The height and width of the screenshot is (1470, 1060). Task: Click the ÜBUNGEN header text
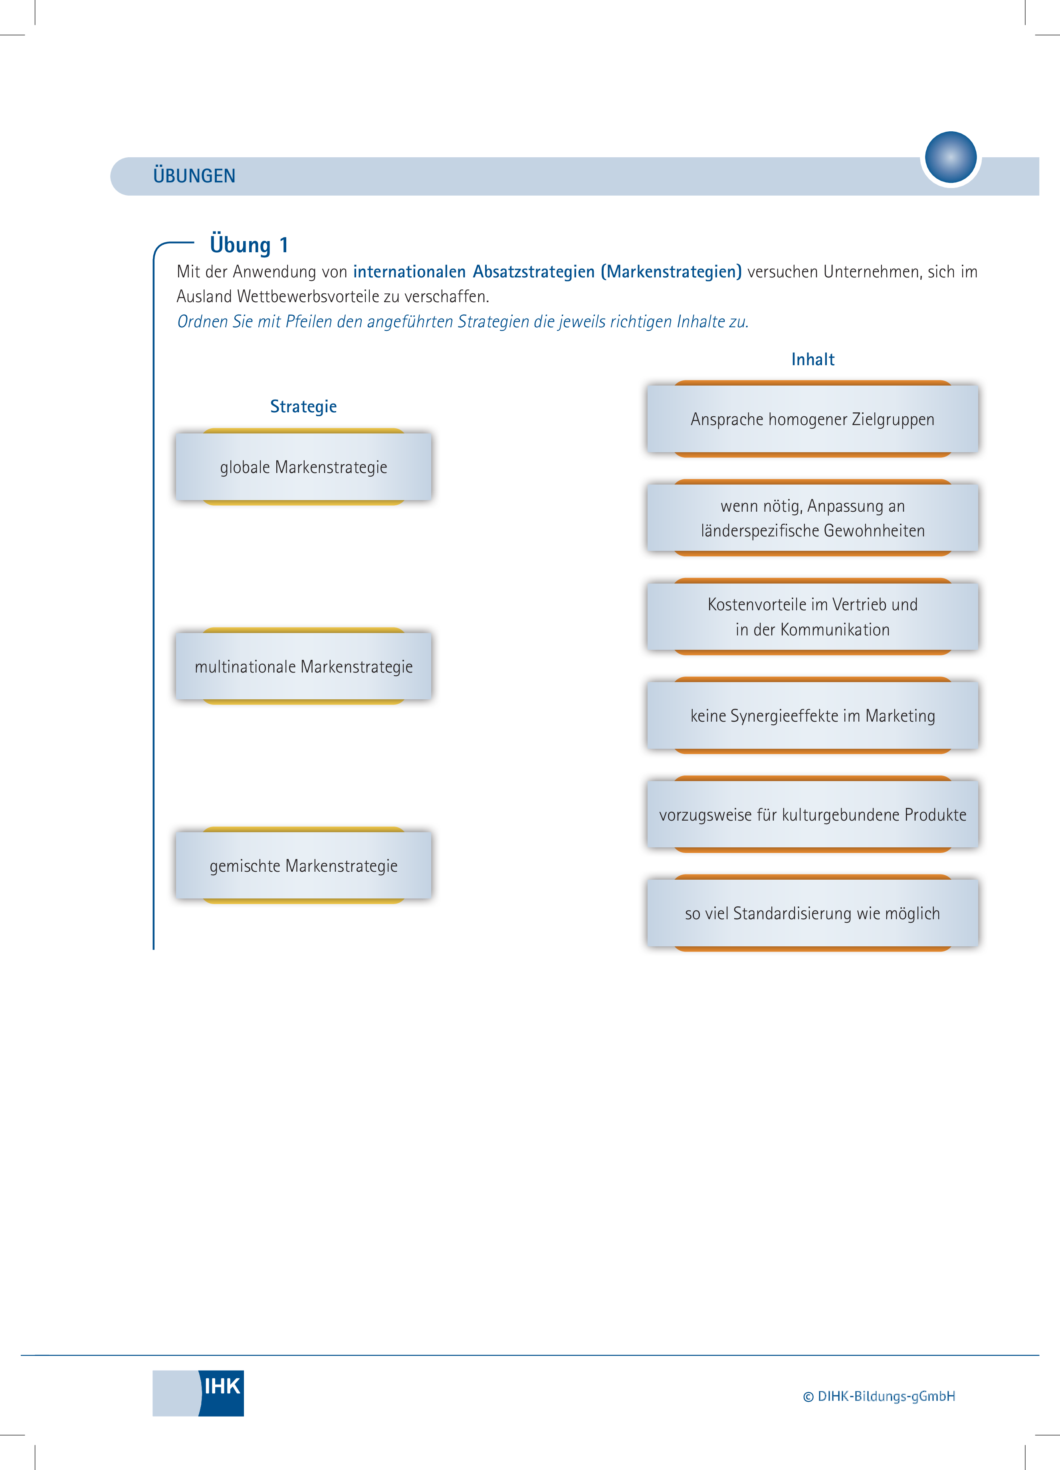pyautogui.click(x=194, y=176)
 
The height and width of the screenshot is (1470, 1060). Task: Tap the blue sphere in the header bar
pyautogui.click(x=951, y=158)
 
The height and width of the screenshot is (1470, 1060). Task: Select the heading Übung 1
pyautogui.click(x=249, y=245)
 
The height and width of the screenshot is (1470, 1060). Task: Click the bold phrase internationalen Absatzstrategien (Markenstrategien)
pyautogui.click(x=547, y=271)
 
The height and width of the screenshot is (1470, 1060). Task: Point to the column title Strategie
pyautogui.click(x=303, y=406)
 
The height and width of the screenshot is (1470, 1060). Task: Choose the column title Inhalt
pyautogui.click(x=812, y=359)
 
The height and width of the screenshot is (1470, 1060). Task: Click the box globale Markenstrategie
pyautogui.click(x=303, y=467)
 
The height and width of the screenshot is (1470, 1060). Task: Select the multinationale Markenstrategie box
pyautogui.click(x=303, y=666)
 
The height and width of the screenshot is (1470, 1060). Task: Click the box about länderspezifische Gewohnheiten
pyautogui.click(x=812, y=518)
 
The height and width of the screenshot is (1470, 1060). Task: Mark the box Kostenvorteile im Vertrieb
pyautogui.click(x=812, y=616)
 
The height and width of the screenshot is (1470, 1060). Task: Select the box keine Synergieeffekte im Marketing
pyautogui.click(x=812, y=716)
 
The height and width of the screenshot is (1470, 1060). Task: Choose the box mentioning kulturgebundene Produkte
pyautogui.click(x=812, y=814)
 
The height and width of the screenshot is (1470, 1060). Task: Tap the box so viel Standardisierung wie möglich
pyautogui.click(x=812, y=913)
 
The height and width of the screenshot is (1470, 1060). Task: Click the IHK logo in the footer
pyautogui.click(x=198, y=1393)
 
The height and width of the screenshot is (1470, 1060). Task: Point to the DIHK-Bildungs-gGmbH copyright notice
pyautogui.click(x=879, y=1396)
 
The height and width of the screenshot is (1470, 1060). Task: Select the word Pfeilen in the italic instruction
pyautogui.click(x=309, y=321)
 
